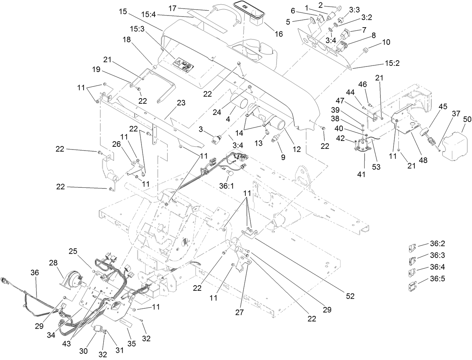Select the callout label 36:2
(438, 244)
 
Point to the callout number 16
(278, 34)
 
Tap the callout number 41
(361, 175)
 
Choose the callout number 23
(181, 103)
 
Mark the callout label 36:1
(227, 186)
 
